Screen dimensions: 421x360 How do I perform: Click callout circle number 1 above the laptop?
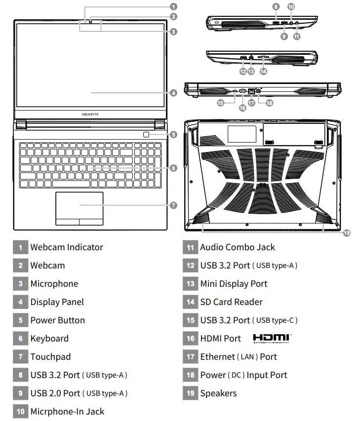click(173, 6)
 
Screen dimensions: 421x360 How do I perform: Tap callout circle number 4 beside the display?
click(173, 93)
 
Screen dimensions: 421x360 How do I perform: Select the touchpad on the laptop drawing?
click(80, 204)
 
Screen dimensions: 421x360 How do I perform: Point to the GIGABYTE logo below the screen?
click(90, 114)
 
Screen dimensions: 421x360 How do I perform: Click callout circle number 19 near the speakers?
click(346, 233)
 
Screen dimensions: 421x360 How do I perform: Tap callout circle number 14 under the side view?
click(263, 71)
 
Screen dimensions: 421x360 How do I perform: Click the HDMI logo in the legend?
click(272, 338)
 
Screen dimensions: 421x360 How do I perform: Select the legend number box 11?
click(190, 247)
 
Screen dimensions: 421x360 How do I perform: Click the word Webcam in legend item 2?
click(47, 266)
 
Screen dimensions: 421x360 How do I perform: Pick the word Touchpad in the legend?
click(50, 357)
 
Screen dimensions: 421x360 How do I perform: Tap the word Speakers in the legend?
click(218, 393)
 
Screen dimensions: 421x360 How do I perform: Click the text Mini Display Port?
click(234, 284)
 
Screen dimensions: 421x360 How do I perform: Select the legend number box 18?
click(190, 375)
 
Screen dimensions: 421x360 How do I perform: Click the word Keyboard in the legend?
click(49, 339)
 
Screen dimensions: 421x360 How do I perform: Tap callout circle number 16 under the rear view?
click(242, 108)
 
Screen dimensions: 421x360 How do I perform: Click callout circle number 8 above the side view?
click(276, 7)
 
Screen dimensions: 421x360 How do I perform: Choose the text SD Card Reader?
click(231, 302)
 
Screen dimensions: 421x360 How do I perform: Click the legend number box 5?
click(20, 320)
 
